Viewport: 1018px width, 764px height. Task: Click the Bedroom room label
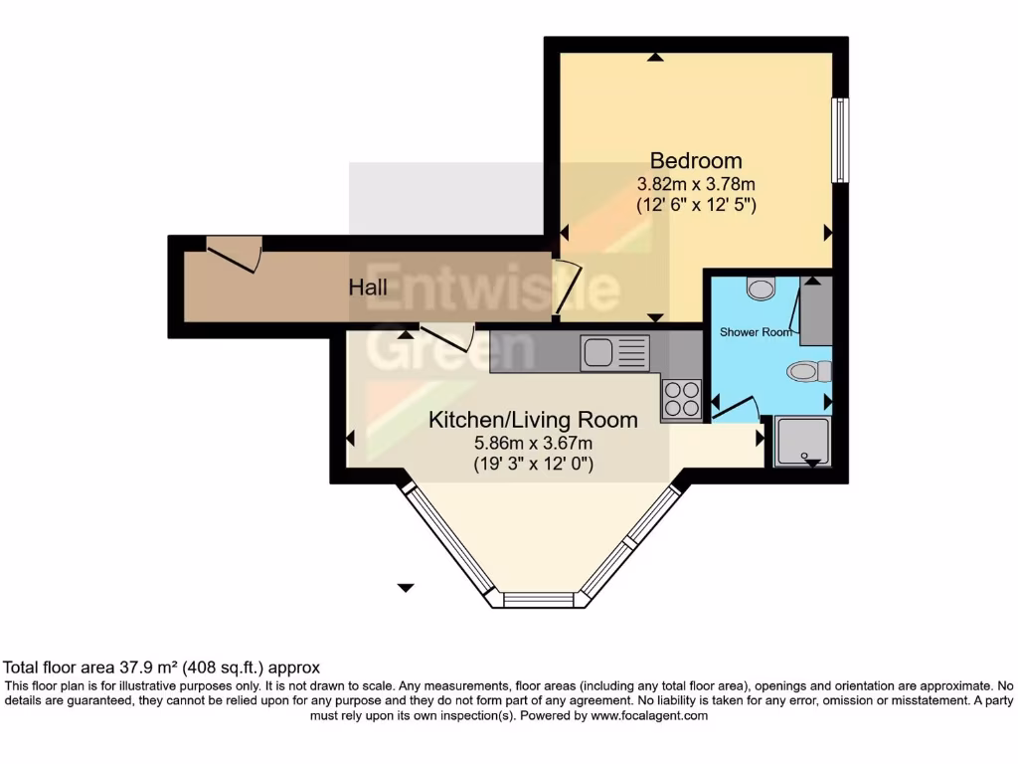[x=696, y=160]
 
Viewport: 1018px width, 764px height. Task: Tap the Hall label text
[x=368, y=287]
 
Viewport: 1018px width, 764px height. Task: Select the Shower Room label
[x=756, y=332]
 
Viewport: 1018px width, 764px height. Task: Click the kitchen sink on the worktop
[x=614, y=352]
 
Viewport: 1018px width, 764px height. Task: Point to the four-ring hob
[x=681, y=399]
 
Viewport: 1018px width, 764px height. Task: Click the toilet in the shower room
[x=808, y=372]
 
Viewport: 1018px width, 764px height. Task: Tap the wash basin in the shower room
[x=762, y=288]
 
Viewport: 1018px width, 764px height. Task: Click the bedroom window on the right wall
[x=840, y=140]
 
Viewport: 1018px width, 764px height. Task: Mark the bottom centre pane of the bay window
[x=539, y=600]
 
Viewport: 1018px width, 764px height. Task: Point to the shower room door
[x=735, y=409]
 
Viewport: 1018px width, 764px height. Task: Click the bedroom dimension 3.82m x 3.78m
[x=696, y=184]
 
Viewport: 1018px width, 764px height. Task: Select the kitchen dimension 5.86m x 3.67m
[x=533, y=444]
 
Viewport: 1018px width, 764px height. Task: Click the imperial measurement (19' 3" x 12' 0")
[x=533, y=465]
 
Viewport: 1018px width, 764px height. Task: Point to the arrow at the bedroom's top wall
[x=654, y=58]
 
